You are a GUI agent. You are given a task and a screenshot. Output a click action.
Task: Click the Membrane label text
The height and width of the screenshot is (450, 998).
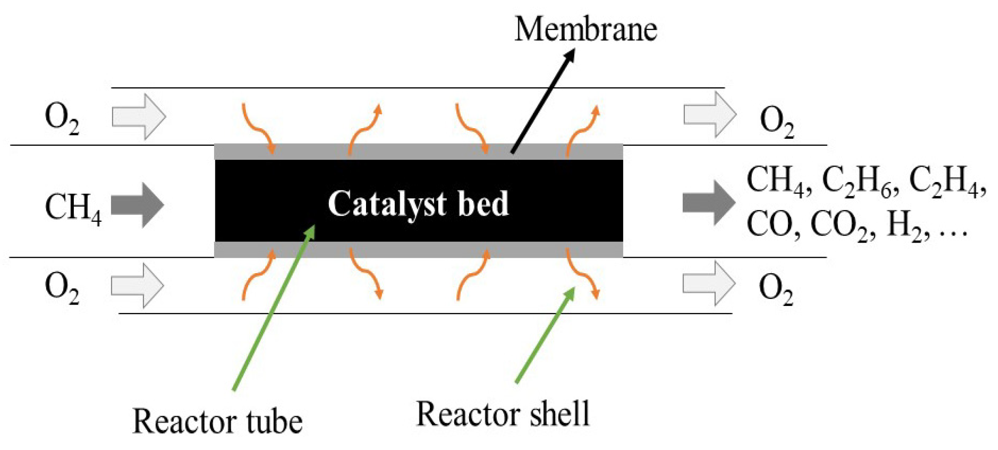[585, 30]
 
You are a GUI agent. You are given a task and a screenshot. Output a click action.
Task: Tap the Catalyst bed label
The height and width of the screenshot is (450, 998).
[418, 203]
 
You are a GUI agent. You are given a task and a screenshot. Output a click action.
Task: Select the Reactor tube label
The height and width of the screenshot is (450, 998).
[217, 422]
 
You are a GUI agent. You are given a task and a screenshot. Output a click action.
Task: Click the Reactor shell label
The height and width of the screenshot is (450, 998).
[503, 414]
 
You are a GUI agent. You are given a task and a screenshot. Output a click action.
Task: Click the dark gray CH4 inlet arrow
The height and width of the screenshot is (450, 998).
[138, 205]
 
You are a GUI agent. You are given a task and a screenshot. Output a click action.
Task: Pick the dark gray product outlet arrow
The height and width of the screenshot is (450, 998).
[708, 203]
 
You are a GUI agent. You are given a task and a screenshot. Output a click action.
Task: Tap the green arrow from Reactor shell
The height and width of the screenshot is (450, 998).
[545, 335]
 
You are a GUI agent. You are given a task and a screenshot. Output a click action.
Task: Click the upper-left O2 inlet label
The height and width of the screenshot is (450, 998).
[62, 119]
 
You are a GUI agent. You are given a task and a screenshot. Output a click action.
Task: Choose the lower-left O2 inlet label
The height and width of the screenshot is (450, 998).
[62, 288]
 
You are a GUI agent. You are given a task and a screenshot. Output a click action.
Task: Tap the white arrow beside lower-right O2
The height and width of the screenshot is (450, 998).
[708, 283]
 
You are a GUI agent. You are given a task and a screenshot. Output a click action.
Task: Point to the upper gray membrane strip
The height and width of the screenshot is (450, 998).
[418, 151]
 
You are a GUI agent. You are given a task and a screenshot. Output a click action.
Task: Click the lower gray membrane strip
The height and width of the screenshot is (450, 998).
[418, 250]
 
